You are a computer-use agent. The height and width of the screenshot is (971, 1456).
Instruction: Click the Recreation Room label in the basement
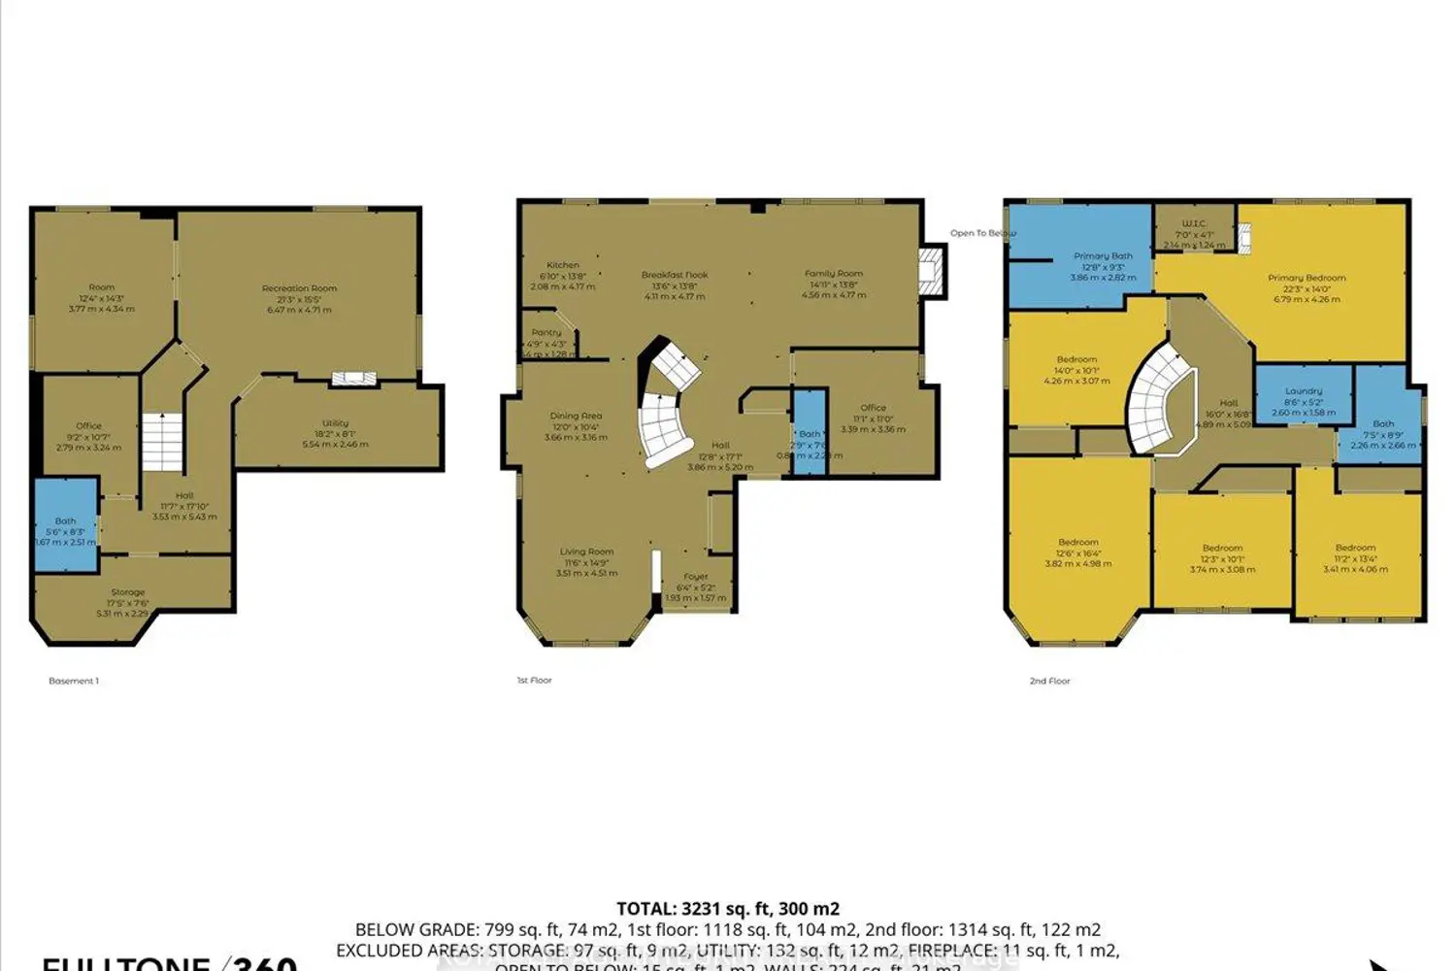299,288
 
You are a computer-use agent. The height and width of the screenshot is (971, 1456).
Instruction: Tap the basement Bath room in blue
66,524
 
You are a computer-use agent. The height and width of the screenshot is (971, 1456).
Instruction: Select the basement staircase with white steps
163,442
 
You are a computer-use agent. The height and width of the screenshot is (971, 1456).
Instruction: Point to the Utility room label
336,423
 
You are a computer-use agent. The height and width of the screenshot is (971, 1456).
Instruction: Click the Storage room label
127,592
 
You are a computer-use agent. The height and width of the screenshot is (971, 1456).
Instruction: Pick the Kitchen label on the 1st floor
563,265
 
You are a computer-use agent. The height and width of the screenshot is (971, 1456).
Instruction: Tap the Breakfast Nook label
675,275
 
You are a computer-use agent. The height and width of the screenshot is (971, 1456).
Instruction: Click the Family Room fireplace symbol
931,270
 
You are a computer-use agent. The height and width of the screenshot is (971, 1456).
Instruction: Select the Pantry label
546,332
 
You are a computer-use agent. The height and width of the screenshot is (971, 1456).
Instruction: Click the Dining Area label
576,416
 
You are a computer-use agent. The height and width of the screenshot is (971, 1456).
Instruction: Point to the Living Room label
586,552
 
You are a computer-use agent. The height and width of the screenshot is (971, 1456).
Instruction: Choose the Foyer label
696,577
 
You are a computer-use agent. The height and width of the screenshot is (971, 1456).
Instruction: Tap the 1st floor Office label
873,408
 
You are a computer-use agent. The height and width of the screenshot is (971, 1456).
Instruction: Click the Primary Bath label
1103,256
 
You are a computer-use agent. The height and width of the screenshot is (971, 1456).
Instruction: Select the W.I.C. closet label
1194,223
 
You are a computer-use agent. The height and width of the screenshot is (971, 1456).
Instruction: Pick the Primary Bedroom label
1307,278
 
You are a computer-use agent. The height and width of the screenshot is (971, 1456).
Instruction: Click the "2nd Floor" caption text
1049,681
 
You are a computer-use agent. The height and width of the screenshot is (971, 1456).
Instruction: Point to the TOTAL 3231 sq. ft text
728,909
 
